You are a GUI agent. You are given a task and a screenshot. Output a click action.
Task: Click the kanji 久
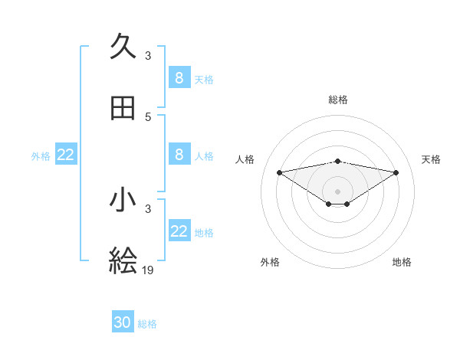pyautogui.click(x=123, y=47)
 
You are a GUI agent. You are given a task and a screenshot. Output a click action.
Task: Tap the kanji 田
pyautogui.click(x=123, y=109)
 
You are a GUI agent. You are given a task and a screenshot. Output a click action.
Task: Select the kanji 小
pyautogui.click(x=123, y=200)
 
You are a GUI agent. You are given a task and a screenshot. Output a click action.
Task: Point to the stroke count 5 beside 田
pyautogui.click(x=148, y=117)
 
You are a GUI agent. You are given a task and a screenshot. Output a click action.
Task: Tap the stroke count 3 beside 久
pyautogui.click(x=148, y=55)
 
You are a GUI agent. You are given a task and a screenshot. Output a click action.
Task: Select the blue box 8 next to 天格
pyautogui.click(x=179, y=77)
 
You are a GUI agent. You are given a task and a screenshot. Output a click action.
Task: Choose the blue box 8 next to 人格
pyautogui.click(x=179, y=155)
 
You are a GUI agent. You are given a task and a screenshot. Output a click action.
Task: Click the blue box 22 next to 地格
pyautogui.click(x=179, y=231)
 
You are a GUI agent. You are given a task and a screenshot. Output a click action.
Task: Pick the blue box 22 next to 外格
pyautogui.click(x=66, y=155)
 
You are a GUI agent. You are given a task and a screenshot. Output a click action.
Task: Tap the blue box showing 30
pyautogui.click(x=123, y=322)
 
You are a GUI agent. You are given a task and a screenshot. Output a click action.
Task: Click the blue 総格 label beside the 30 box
pyautogui.click(x=147, y=324)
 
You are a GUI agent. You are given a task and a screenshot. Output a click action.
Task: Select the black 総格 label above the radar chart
pyautogui.click(x=337, y=100)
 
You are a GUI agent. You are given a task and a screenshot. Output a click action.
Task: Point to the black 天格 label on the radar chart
pyautogui.click(x=431, y=159)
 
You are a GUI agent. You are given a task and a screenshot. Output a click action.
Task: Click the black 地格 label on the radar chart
pyautogui.click(x=402, y=262)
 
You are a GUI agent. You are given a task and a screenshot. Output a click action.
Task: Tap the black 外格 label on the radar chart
pyautogui.click(x=270, y=262)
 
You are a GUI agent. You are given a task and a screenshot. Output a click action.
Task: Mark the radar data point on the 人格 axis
pyautogui.click(x=279, y=172)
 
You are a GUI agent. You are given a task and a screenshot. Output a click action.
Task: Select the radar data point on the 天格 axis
pyautogui.click(x=396, y=172)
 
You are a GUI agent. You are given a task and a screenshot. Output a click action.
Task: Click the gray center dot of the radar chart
pyautogui.click(x=337, y=191)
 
